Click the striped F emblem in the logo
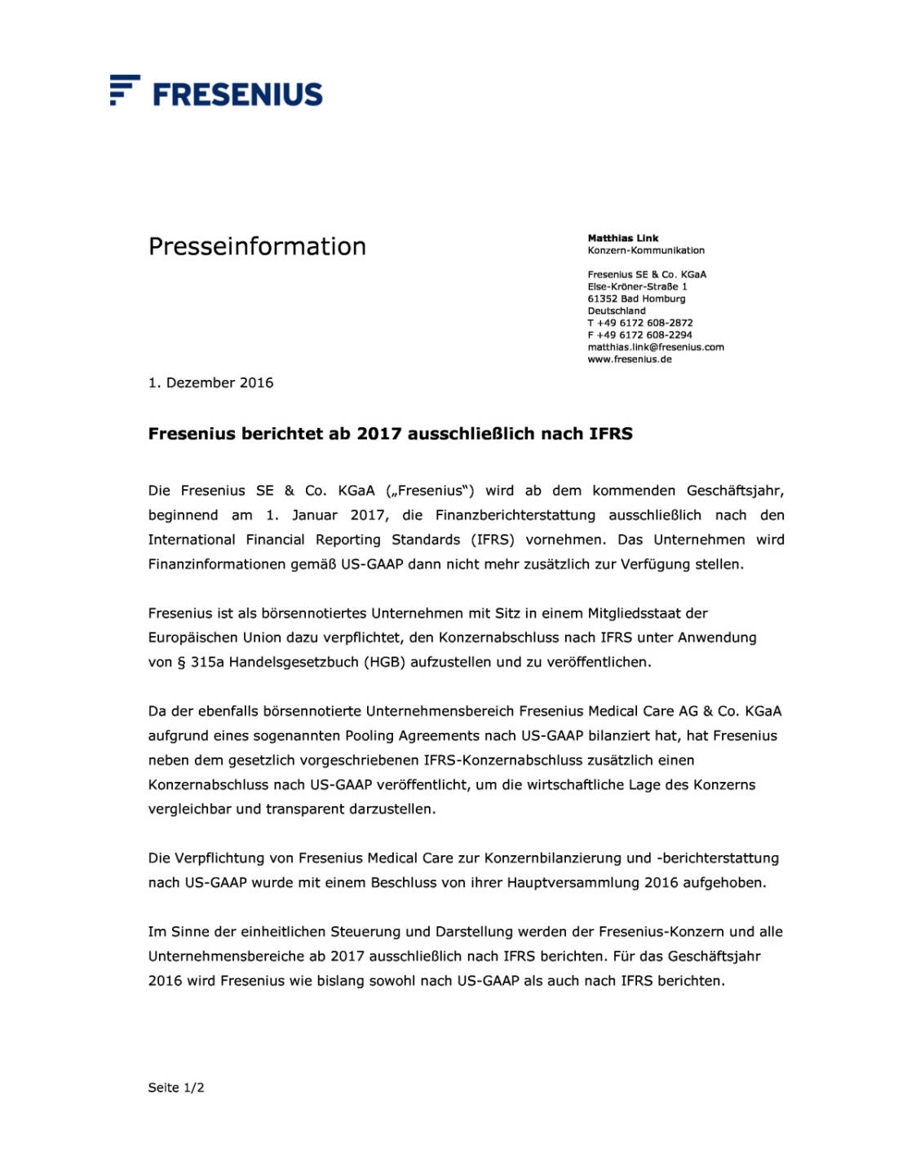[124, 90]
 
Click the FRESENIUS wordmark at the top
[237, 95]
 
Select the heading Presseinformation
[257, 246]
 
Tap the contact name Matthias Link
[622, 238]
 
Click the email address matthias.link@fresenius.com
[655, 347]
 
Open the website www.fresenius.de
[629, 360]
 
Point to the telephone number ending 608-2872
[640, 323]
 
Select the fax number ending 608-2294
[640, 335]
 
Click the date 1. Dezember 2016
[210, 383]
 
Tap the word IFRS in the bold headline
[611, 434]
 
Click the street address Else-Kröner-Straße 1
[637, 287]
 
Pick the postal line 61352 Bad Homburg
[636, 299]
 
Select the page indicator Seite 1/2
[176, 1088]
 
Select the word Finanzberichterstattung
[515, 515]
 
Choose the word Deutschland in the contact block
[616, 311]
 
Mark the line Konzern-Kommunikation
[646, 250]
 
